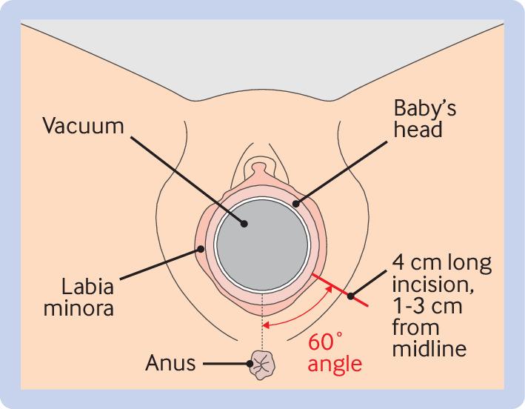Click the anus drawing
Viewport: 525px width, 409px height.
[262, 364]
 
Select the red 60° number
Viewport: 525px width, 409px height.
[327, 342]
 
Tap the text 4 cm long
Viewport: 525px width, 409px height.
[442, 264]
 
